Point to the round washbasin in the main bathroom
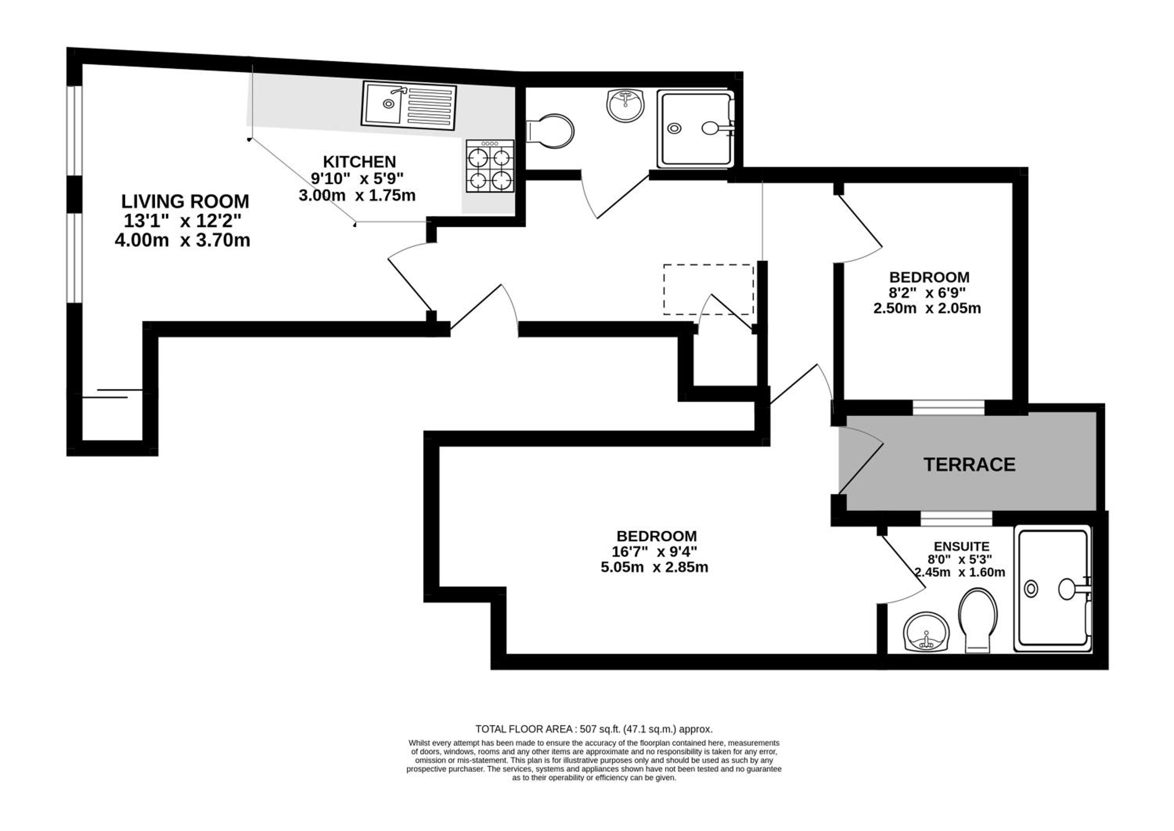pyautogui.click(x=625, y=105)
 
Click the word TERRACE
pyautogui.click(x=969, y=464)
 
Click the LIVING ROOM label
pyautogui.click(x=185, y=201)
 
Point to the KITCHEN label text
pyautogui.click(x=360, y=162)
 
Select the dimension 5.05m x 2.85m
pyautogui.click(x=654, y=567)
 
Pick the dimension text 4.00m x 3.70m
pyautogui.click(x=182, y=240)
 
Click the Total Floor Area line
pyautogui.click(x=594, y=729)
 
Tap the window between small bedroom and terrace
pyautogui.click(x=949, y=407)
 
